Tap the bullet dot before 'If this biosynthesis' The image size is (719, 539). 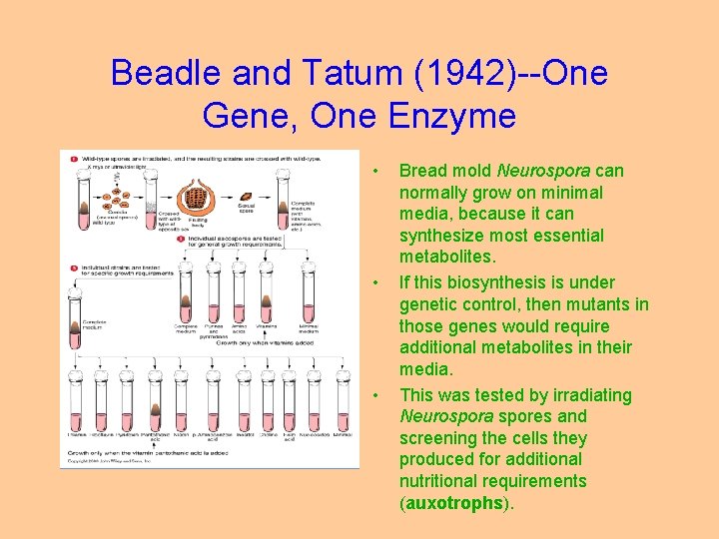[375, 282]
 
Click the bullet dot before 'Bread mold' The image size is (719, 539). [375, 171]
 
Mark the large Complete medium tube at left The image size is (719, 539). [77, 319]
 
